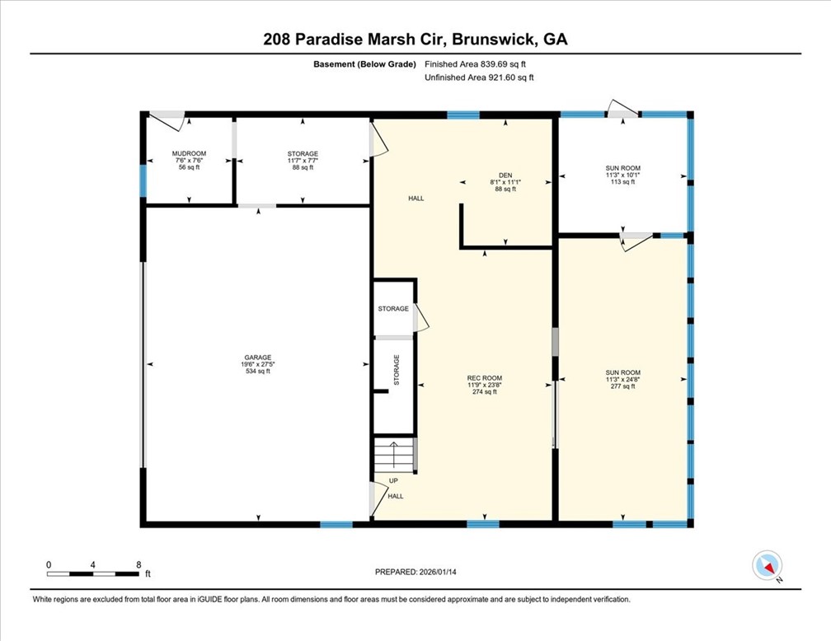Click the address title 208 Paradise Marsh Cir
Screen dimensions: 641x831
415,39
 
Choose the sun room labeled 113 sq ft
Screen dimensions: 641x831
622,175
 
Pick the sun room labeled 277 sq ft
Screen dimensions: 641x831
622,380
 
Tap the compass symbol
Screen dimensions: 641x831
767,565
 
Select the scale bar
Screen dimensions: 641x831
93,572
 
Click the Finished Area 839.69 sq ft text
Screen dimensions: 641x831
486,63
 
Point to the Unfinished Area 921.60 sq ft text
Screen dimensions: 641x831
479,77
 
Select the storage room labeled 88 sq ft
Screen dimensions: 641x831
303,160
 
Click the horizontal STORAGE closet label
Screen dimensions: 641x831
393,308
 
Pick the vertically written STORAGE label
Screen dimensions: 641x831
397,371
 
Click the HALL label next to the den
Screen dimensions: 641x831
415,198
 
